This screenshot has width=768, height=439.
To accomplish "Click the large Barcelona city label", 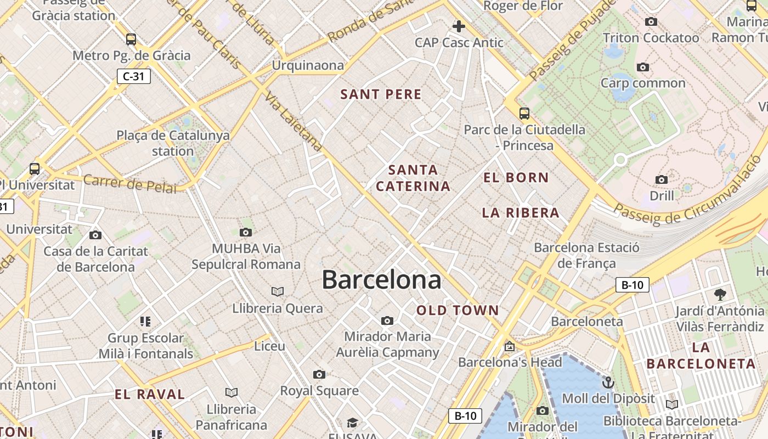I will pyautogui.click(x=381, y=280).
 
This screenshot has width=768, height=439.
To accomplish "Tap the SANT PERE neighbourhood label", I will pyautogui.click(x=381, y=94).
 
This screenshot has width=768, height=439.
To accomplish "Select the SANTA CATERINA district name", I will pyautogui.click(x=414, y=178).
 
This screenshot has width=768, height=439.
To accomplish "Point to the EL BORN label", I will pyautogui.click(x=516, y=177).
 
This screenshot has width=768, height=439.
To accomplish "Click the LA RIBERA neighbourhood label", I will pyautogui.click(x=521, y=213).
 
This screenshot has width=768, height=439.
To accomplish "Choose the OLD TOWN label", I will pyautogui.click(x=458, y=311).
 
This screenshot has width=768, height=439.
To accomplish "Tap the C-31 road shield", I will pyautogui.click(x=133, y=76).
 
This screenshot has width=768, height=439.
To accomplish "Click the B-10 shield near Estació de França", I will pyautogui.click(x=633, y=285).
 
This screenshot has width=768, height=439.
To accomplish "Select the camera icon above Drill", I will pyautogui.click(x=662, y=179).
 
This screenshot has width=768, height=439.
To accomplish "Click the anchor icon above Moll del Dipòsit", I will pyautogui.click(x=608, y=382).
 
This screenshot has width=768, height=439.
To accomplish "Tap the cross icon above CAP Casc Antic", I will pyautogui.click(x=459, y=26).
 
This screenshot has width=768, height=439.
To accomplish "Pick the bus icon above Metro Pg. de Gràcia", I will pyautogui.click(x=131, y=39).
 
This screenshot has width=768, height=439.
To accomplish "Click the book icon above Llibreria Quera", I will pyautogui.click(x=278, y=291).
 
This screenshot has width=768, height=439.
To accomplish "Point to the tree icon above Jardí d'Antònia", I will pyautogui.click(x=720, y=295).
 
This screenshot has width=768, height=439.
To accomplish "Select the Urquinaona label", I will pyautogui.click(x=308, y=65).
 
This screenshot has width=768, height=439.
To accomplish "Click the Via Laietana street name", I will pyautogui.click(x=293, y=122).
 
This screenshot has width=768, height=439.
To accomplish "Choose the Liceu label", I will pyautogui.click(x=270, y=346).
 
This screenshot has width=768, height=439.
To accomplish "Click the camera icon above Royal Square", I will pyautogui.click(x=319, y=374).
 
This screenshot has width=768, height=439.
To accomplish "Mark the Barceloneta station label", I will pyautogui.click(x=587, y=322).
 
